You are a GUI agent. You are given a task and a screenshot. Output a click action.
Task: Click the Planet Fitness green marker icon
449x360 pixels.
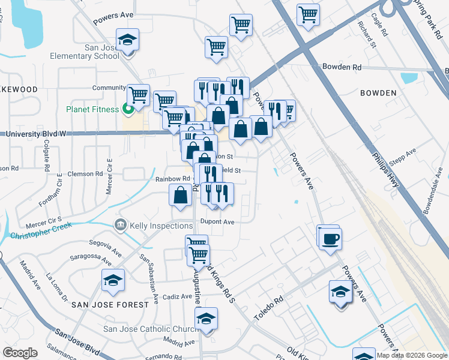pyautogui.click(x=127, y=109)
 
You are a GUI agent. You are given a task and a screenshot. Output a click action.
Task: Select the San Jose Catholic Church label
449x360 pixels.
pyautogui.click(x=151, y=329)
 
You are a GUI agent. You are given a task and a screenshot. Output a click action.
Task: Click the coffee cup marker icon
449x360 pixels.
pyautogui.click(x=330, y=239)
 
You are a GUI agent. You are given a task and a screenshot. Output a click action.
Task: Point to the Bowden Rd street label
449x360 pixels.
pyautogui.click(x=342, y=68)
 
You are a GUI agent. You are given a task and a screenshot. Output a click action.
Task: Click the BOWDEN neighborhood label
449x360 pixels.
pyautogui.click(x=378, y=93)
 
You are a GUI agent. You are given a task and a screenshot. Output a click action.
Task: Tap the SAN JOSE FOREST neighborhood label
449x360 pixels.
pyautogui.click(x=110, y=305)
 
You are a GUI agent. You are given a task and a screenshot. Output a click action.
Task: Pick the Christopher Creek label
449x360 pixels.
pyautogui.click(x=41, y=230)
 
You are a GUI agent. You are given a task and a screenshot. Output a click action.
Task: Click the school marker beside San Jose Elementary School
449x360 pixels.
pyautogui.click(x=127, y=40)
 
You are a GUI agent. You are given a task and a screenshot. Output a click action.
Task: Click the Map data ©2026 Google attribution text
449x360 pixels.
pyautogui.click(x=412, y=355)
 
